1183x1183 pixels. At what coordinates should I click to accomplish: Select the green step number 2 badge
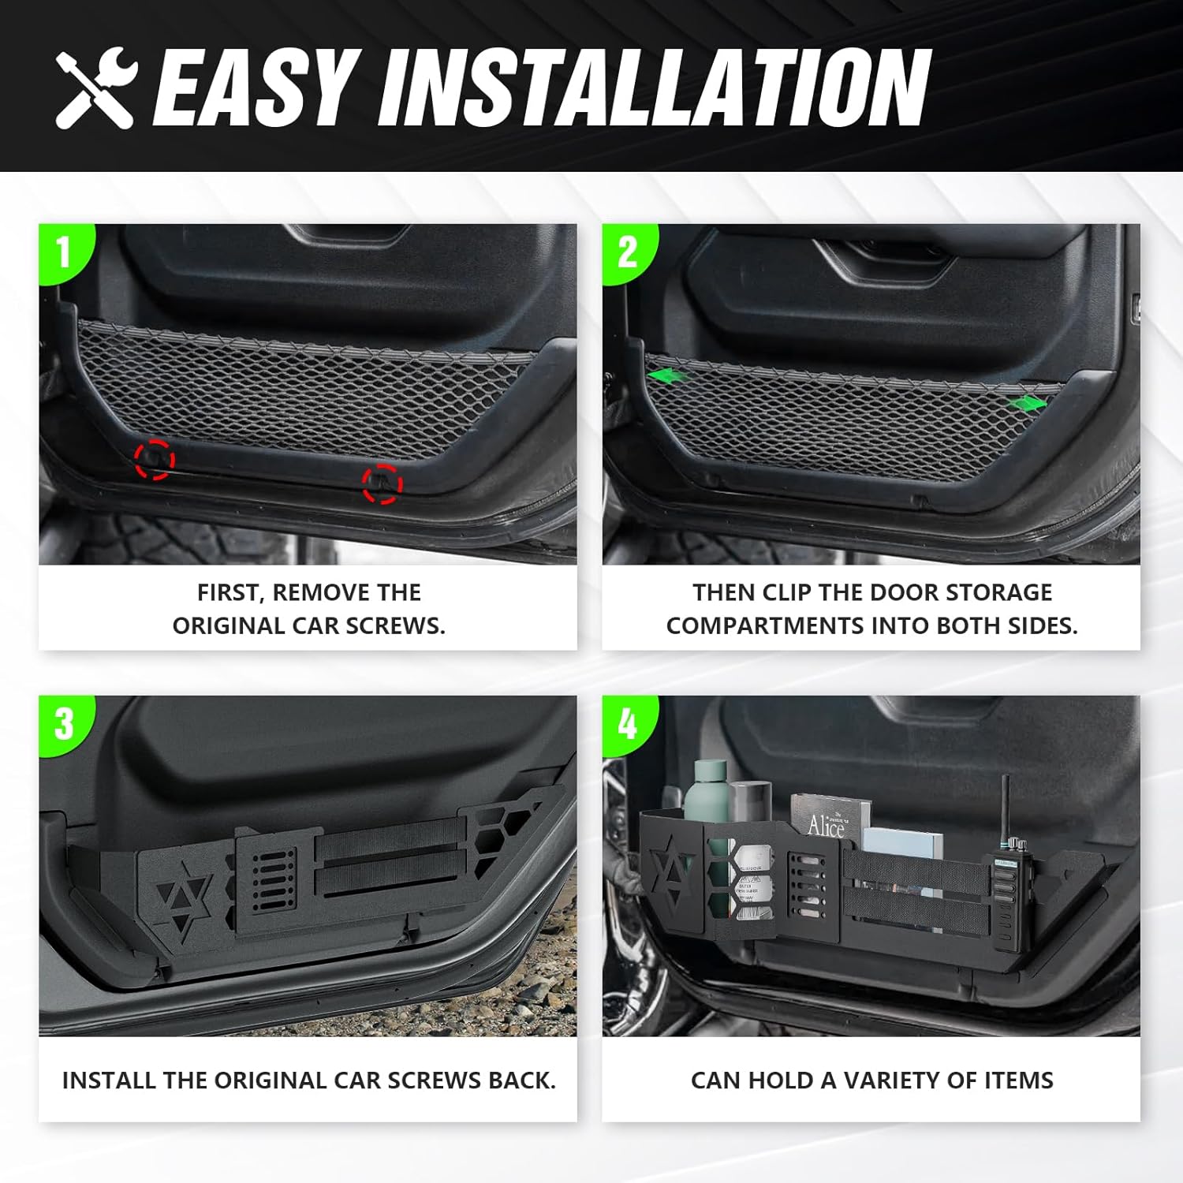(x=628, y=252)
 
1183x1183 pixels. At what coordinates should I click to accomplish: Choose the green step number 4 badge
(x=628, y=723)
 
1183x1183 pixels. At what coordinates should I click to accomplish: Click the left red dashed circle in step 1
(x=154, y=459)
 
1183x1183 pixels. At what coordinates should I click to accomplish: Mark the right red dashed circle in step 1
(x=382, y=483)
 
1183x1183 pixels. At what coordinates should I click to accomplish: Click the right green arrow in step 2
(x=1027, y=403)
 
